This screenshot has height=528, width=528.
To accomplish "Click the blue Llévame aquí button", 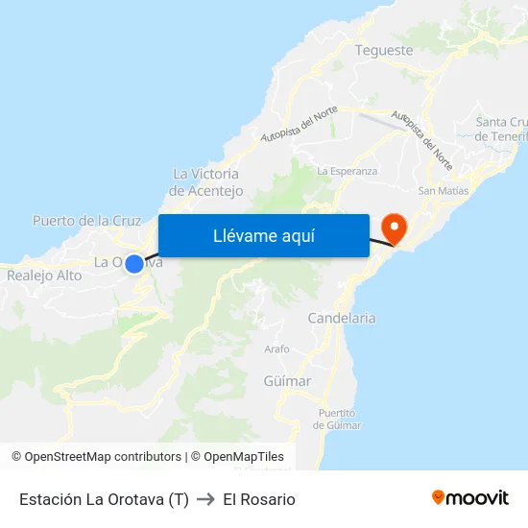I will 264,236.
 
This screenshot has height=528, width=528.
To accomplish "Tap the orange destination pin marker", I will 394,227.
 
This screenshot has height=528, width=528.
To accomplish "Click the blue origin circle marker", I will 134,263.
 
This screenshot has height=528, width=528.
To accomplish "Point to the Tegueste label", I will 384,50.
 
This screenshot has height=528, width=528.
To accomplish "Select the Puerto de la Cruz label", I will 87,221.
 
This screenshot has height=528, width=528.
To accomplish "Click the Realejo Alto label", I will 44,276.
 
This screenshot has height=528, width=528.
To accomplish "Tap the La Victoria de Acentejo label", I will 205,182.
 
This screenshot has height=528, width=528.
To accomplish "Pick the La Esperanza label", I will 347,171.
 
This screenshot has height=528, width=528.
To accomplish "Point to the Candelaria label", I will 342,318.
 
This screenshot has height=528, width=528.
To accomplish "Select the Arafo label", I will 276,349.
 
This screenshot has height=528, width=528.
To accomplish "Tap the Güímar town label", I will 287,381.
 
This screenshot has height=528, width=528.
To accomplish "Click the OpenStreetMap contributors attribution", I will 102,457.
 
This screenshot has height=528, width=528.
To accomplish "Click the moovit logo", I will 470,498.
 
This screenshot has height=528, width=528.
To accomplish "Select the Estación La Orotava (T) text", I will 104,499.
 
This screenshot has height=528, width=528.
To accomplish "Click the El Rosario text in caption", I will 259,499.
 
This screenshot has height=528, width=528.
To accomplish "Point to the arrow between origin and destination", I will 205,499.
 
